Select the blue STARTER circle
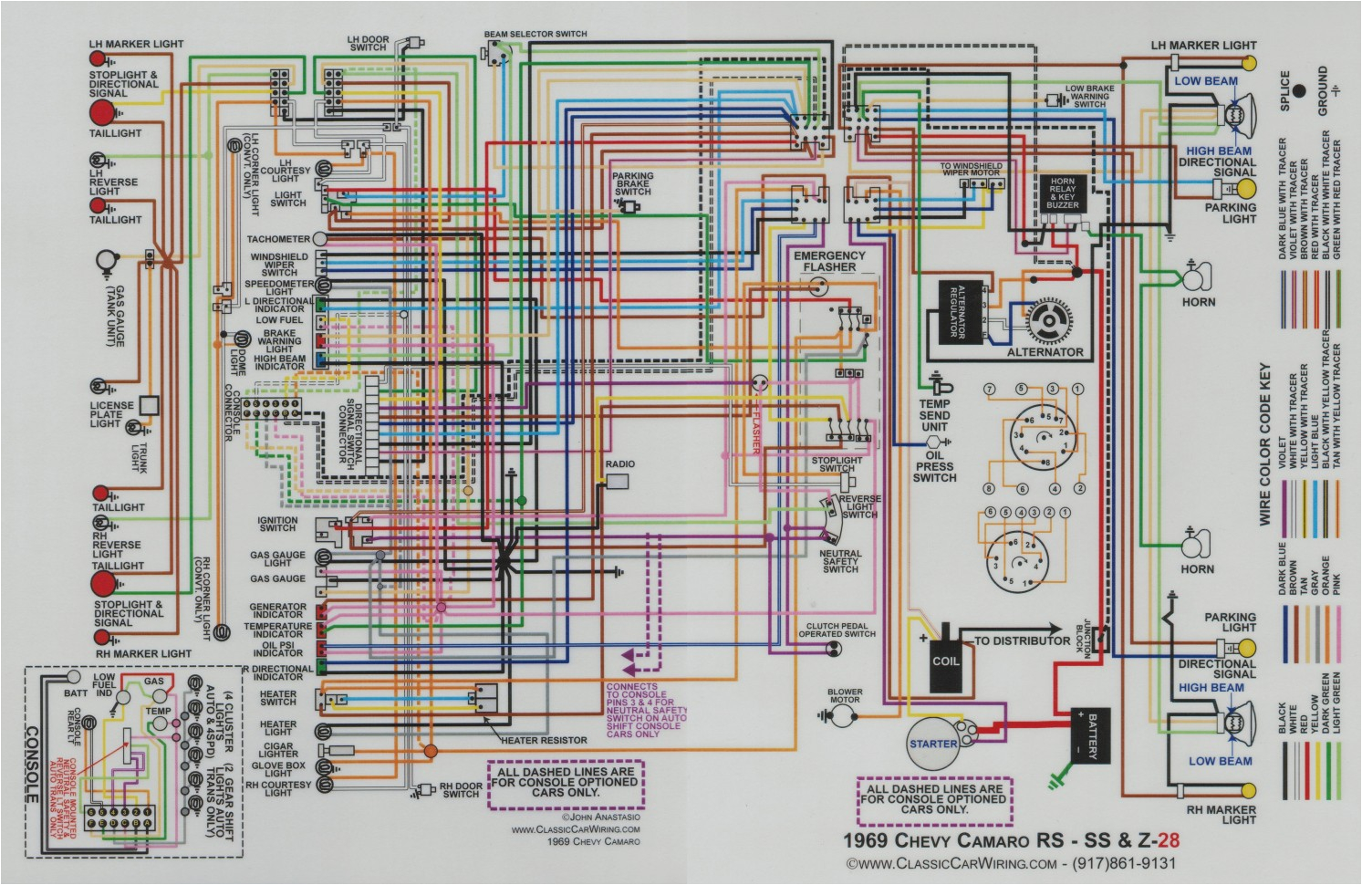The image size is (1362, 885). point(933,744)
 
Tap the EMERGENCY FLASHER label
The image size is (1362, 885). point(829,262)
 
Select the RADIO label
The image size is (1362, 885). point(619,464)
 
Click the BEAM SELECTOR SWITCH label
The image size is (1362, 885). point(535,35)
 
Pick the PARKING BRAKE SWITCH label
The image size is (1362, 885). point(633,184)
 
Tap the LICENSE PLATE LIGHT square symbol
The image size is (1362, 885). point(150,406)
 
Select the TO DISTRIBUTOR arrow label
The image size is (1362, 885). point(1022,640)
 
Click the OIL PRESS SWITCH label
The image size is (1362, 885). point(934,465)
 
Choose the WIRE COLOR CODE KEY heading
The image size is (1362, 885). point(1265,444)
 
